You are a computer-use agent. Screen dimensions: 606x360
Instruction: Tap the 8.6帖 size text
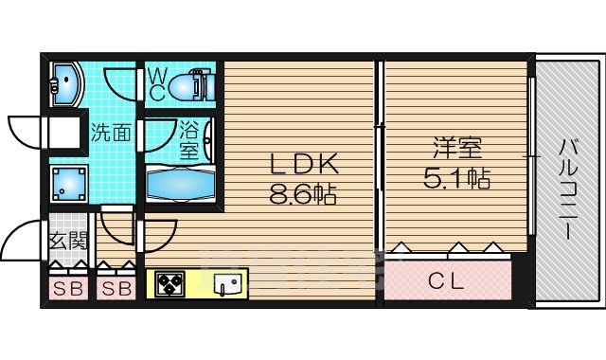(303, 196)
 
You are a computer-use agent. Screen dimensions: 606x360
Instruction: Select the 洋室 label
(457, 148)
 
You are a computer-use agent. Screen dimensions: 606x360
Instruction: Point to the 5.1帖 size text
(457, 177)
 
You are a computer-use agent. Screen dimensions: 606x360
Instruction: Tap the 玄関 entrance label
(65, 242)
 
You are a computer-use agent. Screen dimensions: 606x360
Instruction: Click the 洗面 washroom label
(111, 133)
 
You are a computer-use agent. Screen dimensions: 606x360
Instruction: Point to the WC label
(157, 82)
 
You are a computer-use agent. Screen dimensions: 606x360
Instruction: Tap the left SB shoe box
(66, 288)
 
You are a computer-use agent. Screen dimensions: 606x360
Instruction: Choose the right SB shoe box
(115, 288)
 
